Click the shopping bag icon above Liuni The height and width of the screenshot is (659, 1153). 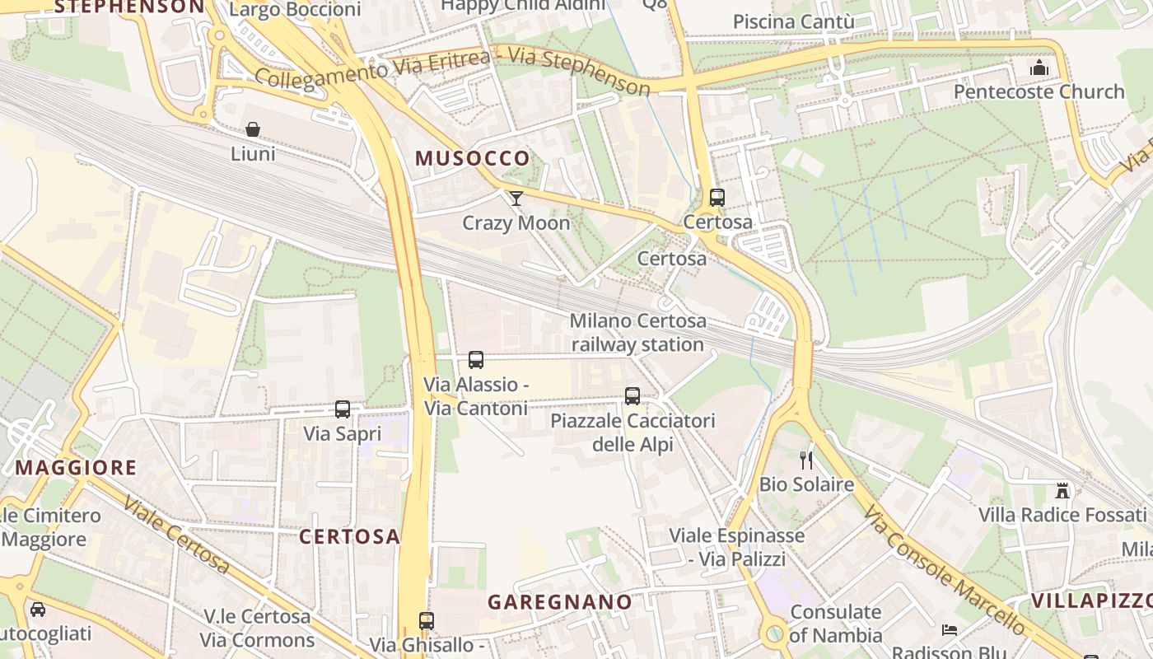(x=253, y=129)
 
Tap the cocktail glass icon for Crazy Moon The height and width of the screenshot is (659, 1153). (x=516, y=198)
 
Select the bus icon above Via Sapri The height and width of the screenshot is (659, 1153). (x=343, y=409)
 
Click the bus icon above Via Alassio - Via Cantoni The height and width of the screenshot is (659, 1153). (x=476, y=359)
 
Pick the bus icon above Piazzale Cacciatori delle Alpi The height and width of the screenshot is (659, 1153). (x=633, y=395)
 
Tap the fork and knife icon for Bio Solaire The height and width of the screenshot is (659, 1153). (x=806, y=460)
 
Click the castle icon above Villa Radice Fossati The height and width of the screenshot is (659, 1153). (x=1062, y=490)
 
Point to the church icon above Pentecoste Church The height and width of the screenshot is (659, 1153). (x=1039, y=67)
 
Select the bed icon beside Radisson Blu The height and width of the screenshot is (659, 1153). (x=950, y=630)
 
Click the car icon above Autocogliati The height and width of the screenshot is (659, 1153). (x=38, y=610)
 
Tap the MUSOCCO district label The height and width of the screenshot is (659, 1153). (x=473, y=158)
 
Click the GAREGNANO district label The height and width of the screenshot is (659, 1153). (x=560, y=602)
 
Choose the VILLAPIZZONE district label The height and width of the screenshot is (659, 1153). (x=1091, y=600)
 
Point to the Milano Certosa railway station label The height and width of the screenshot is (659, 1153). (x=637, y=332)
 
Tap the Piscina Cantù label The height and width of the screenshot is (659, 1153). (x=793, y=21)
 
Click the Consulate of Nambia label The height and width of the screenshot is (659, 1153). (x=836, y=624)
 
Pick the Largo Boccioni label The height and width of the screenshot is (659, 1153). (x=295, y=10)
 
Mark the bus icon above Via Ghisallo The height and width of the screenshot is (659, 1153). (x=426, y=621)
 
